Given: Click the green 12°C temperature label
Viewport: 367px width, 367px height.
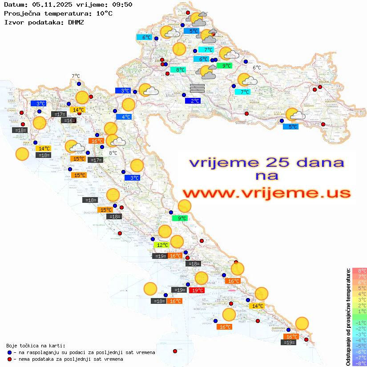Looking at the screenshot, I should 161,245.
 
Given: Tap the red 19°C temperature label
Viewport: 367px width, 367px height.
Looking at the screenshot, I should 197,290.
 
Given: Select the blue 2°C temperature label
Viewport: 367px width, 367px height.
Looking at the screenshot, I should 193,101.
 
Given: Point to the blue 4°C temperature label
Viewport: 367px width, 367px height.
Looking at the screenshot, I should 124,117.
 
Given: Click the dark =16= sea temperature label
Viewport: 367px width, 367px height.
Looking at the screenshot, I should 69,121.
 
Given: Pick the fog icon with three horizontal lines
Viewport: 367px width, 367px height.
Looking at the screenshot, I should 197,87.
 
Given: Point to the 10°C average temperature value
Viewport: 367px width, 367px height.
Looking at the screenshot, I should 104,13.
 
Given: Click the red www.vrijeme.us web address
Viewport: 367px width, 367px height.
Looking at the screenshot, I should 266,193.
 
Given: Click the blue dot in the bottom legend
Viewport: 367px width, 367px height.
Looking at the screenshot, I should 10,352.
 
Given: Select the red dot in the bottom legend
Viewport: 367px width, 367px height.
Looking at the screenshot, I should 10,359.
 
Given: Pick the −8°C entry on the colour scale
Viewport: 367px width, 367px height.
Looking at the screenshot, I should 359,363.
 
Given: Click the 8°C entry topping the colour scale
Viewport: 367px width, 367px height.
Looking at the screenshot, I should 359,270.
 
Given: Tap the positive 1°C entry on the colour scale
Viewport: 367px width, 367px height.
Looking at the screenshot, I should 359,311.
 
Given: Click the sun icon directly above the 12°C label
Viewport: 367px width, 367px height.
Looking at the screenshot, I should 165,231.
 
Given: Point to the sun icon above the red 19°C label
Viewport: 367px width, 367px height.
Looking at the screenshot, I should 202,278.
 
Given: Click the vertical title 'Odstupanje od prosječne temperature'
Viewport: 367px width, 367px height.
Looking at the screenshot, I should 348,317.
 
